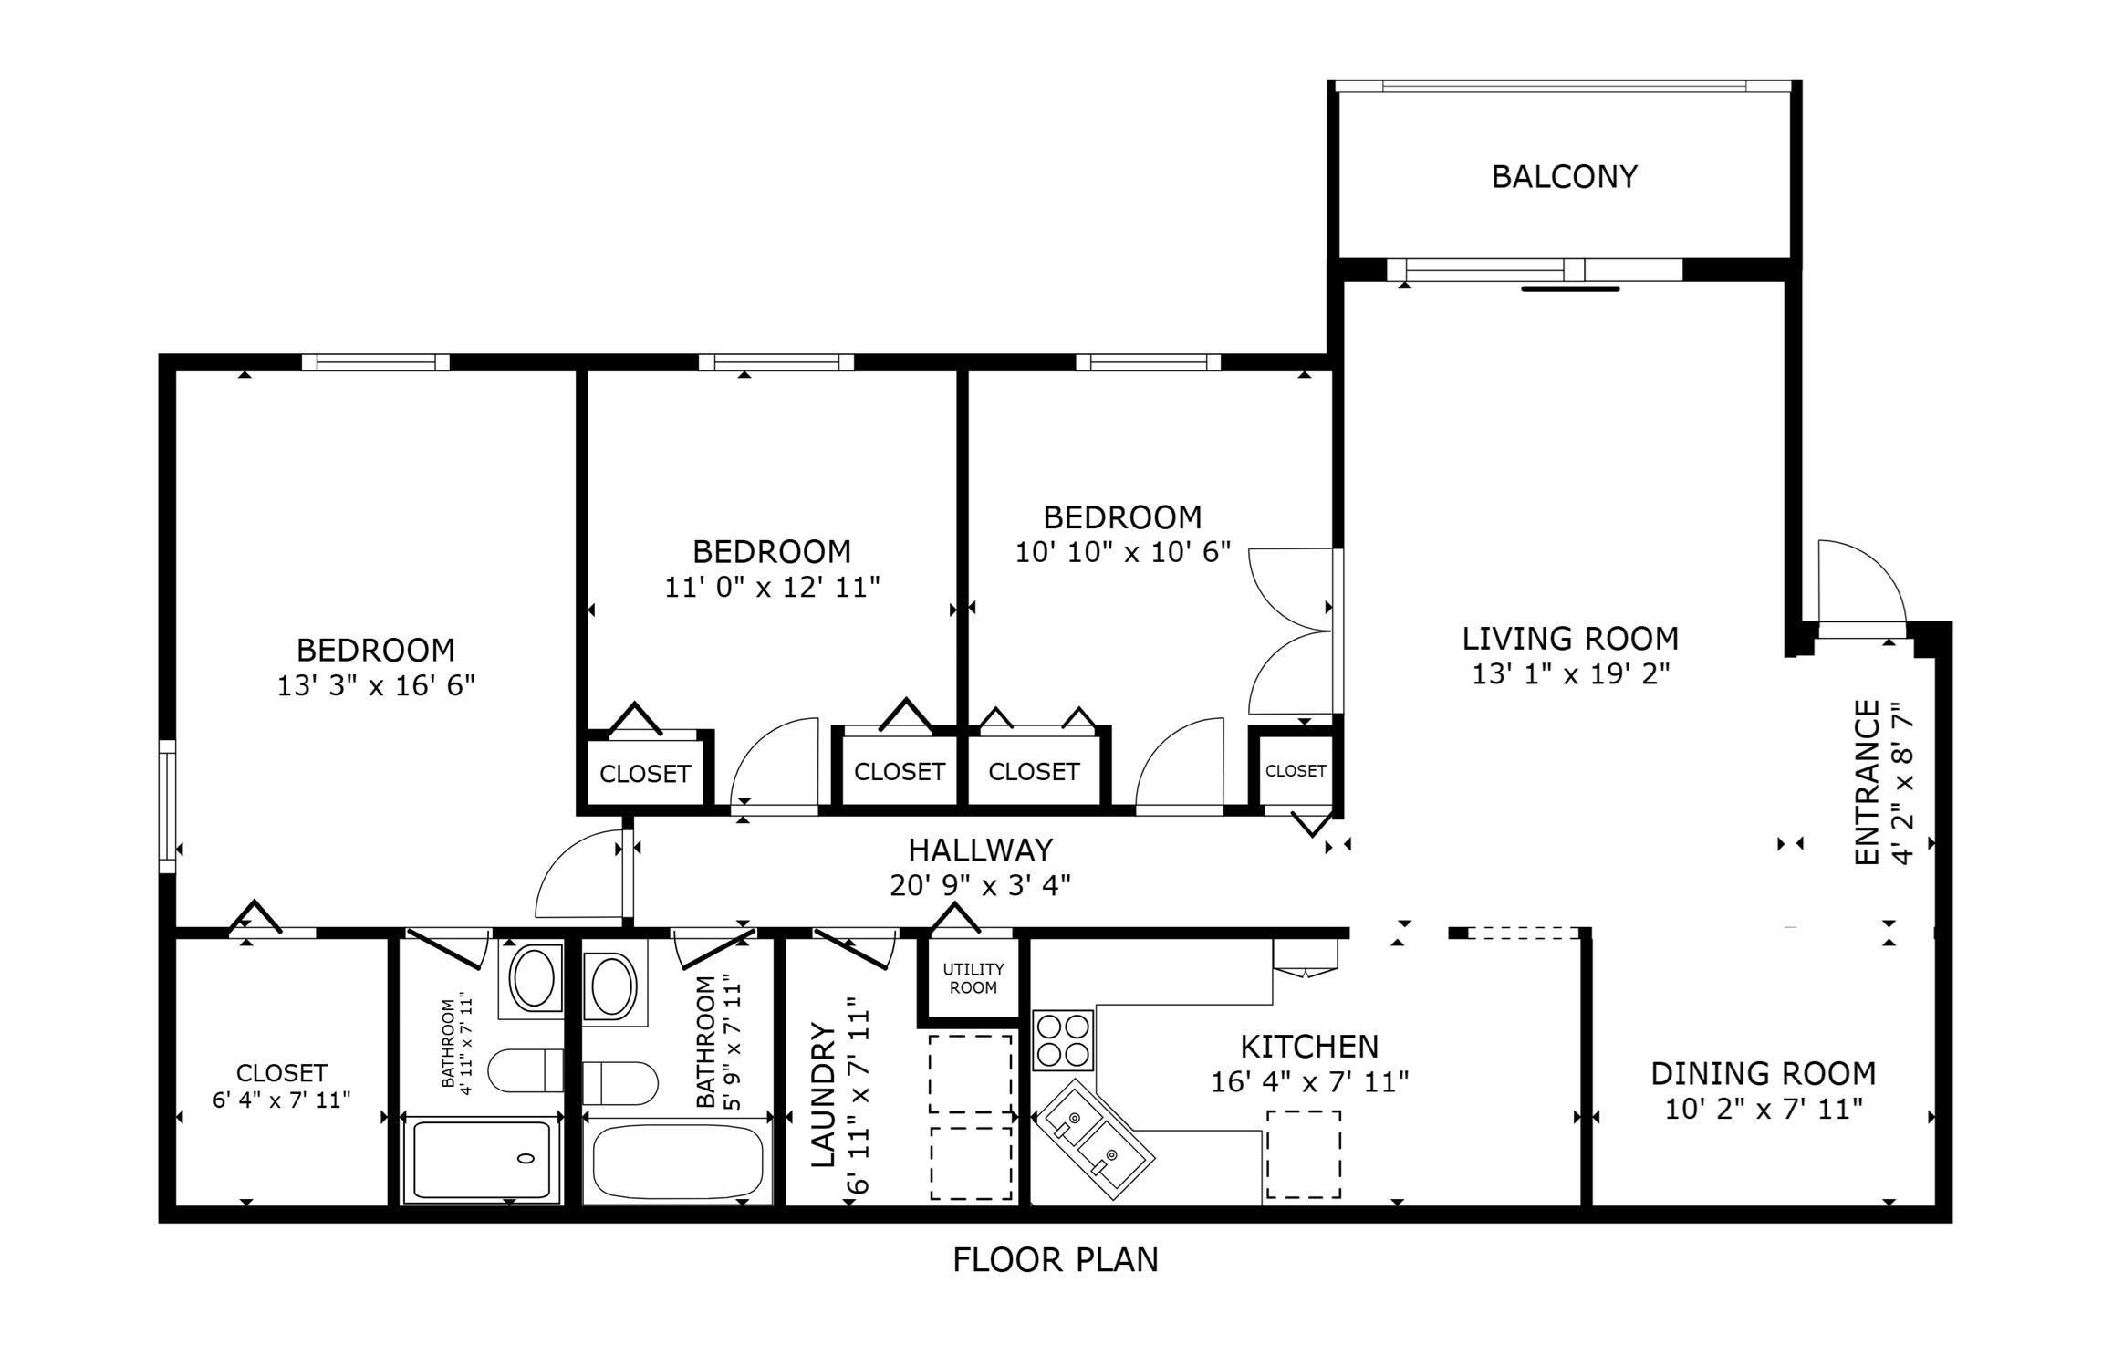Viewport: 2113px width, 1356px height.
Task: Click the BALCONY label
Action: click(x=1564, y=176)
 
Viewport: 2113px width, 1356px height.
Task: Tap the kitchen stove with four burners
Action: click(x=1063, y=1040)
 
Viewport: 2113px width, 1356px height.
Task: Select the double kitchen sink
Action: click(x=1094, y=1132)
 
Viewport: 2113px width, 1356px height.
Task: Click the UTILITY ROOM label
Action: click(x=973, y=977)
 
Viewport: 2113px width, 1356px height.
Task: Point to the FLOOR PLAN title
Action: click(x=1056, y=1260)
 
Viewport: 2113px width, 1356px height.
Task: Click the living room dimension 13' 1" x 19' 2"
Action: click(x=1570, y=673)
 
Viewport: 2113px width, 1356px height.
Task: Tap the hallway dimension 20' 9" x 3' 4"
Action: click(x=980, y=885)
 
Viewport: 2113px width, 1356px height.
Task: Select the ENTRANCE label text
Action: click(x=1868, y=782)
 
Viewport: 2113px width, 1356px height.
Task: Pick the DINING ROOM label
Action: click(x=1764, y=1073)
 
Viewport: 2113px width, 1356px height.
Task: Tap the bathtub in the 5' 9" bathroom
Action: click(x=678, y=1163)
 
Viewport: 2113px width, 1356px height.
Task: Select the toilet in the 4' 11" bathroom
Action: click(x=526, y=1070)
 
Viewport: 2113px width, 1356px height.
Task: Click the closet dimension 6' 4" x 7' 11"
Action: click(x=281, y=1100)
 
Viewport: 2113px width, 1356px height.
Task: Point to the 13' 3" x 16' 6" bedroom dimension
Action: click(x=376, y=684)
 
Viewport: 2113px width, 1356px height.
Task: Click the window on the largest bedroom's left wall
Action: click(x=167, y=807)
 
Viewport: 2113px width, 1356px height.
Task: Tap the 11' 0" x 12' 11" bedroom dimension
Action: click(x=772, y=587)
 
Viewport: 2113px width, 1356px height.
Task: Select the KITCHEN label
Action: click(x=1309, y=1046)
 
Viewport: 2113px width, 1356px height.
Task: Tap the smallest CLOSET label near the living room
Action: click(x=1296, y=771)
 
